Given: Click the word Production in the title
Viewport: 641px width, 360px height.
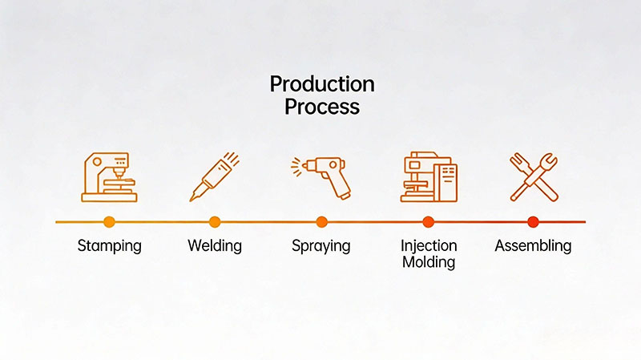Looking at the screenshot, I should tap(321, 84).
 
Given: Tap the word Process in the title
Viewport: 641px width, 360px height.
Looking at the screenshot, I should tap(321, 107).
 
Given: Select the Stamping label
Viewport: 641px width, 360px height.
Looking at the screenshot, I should tap(109, 245).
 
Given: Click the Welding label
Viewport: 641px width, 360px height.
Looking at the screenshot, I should tap(215, 245).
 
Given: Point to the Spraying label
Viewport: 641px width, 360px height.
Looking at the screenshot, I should tap(321, 245).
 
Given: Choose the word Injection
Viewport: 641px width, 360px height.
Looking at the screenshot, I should tap(428, 245).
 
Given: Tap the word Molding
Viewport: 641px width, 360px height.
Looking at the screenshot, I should tap(428, 262).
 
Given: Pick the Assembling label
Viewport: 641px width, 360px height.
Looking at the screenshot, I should tap(533, 245).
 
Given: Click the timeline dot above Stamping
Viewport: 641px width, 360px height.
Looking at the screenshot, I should tap(109, 221).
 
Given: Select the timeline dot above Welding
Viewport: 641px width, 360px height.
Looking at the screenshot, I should tap(215, 221).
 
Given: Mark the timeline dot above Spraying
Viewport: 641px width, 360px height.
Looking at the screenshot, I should tap(321, 221).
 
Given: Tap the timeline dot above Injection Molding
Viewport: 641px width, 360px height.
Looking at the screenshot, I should tap(428, 221).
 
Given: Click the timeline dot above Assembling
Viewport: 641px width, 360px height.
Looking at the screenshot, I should tap(533, 221).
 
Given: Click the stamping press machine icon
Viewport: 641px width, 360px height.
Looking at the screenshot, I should tap(109, 176).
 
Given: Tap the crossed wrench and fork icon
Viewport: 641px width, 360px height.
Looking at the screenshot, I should tap(533, 176).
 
